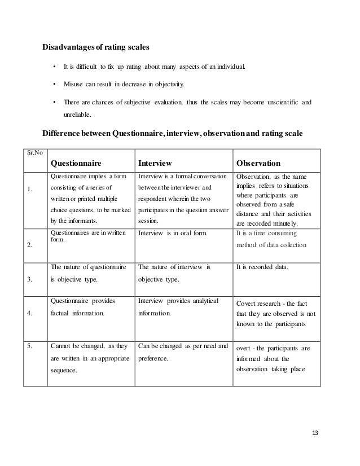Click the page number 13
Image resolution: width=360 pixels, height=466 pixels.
pos(315,433)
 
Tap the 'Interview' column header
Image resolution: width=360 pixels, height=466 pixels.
pos(155,164)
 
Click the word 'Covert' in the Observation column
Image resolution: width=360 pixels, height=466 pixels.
pos(248,302)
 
